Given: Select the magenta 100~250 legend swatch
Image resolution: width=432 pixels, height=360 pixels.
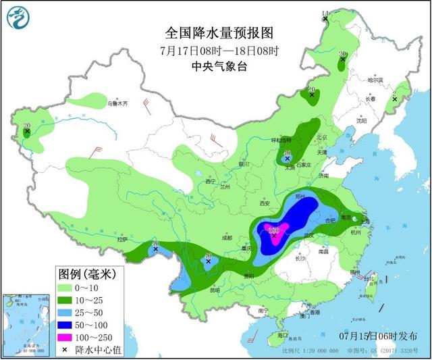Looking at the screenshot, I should pos(67,336).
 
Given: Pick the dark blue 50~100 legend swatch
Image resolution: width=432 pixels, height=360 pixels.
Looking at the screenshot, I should pos(67,325).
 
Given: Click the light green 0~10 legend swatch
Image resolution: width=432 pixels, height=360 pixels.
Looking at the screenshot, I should pos(67,288).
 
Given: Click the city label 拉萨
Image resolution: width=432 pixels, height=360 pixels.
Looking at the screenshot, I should pos(122,239).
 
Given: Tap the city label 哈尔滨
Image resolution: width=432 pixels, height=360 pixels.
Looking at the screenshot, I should pos(375,80).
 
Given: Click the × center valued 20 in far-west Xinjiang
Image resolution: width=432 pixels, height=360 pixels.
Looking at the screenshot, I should pos(27,132).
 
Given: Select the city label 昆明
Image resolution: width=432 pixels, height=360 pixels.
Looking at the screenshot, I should pos(215,290).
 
